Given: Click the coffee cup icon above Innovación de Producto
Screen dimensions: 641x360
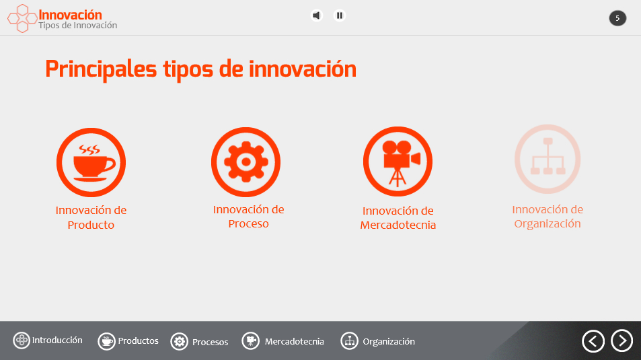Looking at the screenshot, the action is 91,162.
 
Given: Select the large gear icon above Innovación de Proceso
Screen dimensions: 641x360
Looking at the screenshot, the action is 246,162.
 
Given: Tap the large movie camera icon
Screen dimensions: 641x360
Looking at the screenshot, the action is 398,161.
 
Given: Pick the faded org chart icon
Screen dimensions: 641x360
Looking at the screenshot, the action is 548,159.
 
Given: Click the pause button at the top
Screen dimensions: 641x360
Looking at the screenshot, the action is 339,15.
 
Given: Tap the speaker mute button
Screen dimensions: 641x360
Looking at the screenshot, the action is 316,15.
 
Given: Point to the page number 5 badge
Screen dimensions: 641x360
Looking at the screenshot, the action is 617,18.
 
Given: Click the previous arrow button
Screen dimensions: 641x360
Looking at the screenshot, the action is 593,340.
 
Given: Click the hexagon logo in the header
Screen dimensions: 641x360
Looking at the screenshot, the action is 22,18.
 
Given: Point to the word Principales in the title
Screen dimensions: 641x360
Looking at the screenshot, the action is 101,69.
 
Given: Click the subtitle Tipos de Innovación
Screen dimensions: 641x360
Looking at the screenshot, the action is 77,26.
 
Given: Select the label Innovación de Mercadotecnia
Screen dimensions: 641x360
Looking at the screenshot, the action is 398,217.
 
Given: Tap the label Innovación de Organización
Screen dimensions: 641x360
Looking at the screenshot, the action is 548,217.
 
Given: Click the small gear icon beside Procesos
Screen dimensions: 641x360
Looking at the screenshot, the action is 179,342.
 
